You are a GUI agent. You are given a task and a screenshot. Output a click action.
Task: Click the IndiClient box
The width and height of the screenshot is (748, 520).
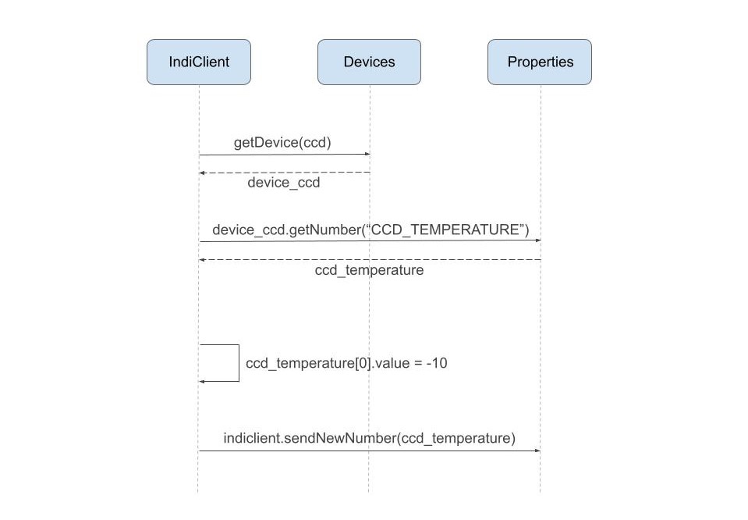tap(199, 62)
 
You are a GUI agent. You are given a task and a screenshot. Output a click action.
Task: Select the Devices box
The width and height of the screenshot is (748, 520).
tap(369, 62)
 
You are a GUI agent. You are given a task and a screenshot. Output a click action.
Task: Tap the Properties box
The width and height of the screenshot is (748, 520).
tap(540, 62)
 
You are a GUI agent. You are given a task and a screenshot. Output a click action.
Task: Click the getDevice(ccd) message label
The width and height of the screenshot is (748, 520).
tap(282, 143)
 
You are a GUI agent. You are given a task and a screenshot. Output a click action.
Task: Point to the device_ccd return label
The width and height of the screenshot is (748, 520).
tap(284, 183)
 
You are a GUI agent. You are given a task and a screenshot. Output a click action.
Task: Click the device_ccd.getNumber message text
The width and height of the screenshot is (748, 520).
tap(370, 230)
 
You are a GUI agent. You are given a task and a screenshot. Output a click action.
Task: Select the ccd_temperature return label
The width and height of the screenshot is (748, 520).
tap(369, 270)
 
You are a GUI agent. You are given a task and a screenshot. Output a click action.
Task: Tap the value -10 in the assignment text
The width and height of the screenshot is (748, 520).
tap(437, 363)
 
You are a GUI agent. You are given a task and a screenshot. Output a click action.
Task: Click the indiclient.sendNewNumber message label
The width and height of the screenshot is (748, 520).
tap(369, 438)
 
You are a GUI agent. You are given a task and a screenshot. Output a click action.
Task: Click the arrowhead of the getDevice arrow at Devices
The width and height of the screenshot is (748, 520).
tap(367, 155)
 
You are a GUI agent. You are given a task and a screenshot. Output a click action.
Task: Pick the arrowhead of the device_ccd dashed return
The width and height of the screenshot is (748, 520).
tap(202, 173)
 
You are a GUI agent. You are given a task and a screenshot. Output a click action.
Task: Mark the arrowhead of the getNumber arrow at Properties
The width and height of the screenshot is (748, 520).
tap(537, 240)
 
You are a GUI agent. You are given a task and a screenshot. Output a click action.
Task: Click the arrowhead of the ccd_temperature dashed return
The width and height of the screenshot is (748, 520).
tap(202, 259)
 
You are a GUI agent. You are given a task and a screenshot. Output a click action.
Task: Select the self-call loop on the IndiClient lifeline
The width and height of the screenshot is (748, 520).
tap(238, 363)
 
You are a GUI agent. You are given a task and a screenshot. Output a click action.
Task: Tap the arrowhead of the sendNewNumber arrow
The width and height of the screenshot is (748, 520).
tap(537, 451)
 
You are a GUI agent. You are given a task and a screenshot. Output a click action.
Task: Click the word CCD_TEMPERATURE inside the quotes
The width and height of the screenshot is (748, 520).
tap(445, 230)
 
